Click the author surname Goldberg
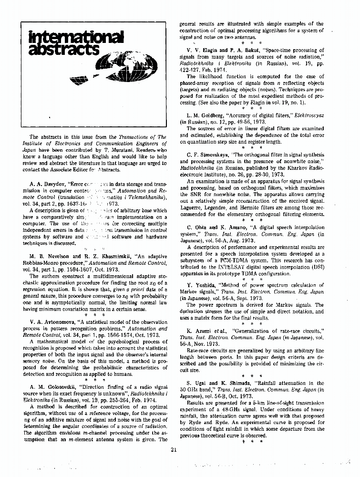point(206,115)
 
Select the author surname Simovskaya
point(210,155)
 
